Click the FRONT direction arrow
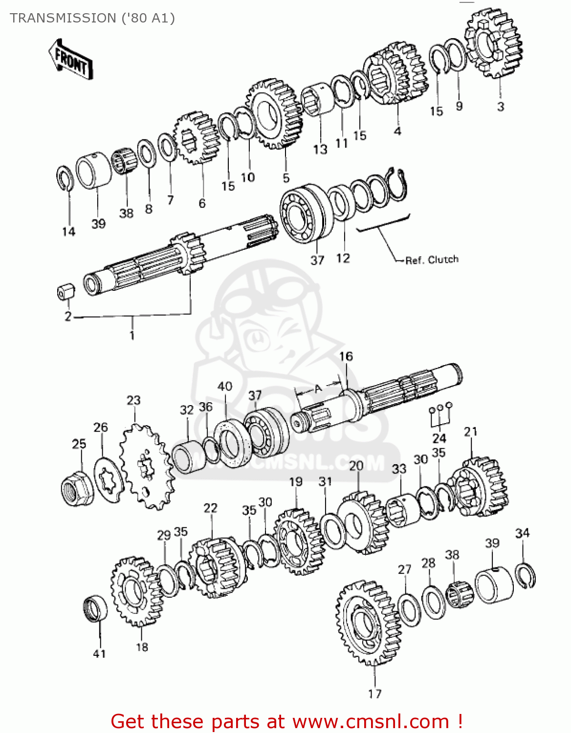[71, 59]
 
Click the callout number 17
[374, 694]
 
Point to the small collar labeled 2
[66, 292]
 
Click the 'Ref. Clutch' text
[432, 260]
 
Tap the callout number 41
[99, 654]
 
